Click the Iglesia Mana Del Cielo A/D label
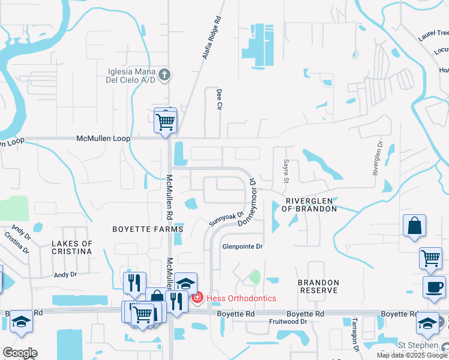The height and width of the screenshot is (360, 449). coord(130,75)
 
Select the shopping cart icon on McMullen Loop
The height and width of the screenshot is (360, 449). coord(165,121)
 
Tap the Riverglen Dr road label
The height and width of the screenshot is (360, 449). coord(378,158)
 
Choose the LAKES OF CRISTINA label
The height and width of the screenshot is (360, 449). coord(71,247)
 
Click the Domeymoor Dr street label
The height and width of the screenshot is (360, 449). coord(247,202)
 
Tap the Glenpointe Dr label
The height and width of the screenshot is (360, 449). coord(243,247)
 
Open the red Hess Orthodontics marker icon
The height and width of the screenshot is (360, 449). coord(196,298)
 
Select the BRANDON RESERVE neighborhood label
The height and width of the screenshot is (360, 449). coord(318,286)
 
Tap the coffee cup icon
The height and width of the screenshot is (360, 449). coord(433,286)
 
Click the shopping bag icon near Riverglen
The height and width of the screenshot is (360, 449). coord(414,227)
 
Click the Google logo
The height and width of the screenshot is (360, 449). coord(20,353)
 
